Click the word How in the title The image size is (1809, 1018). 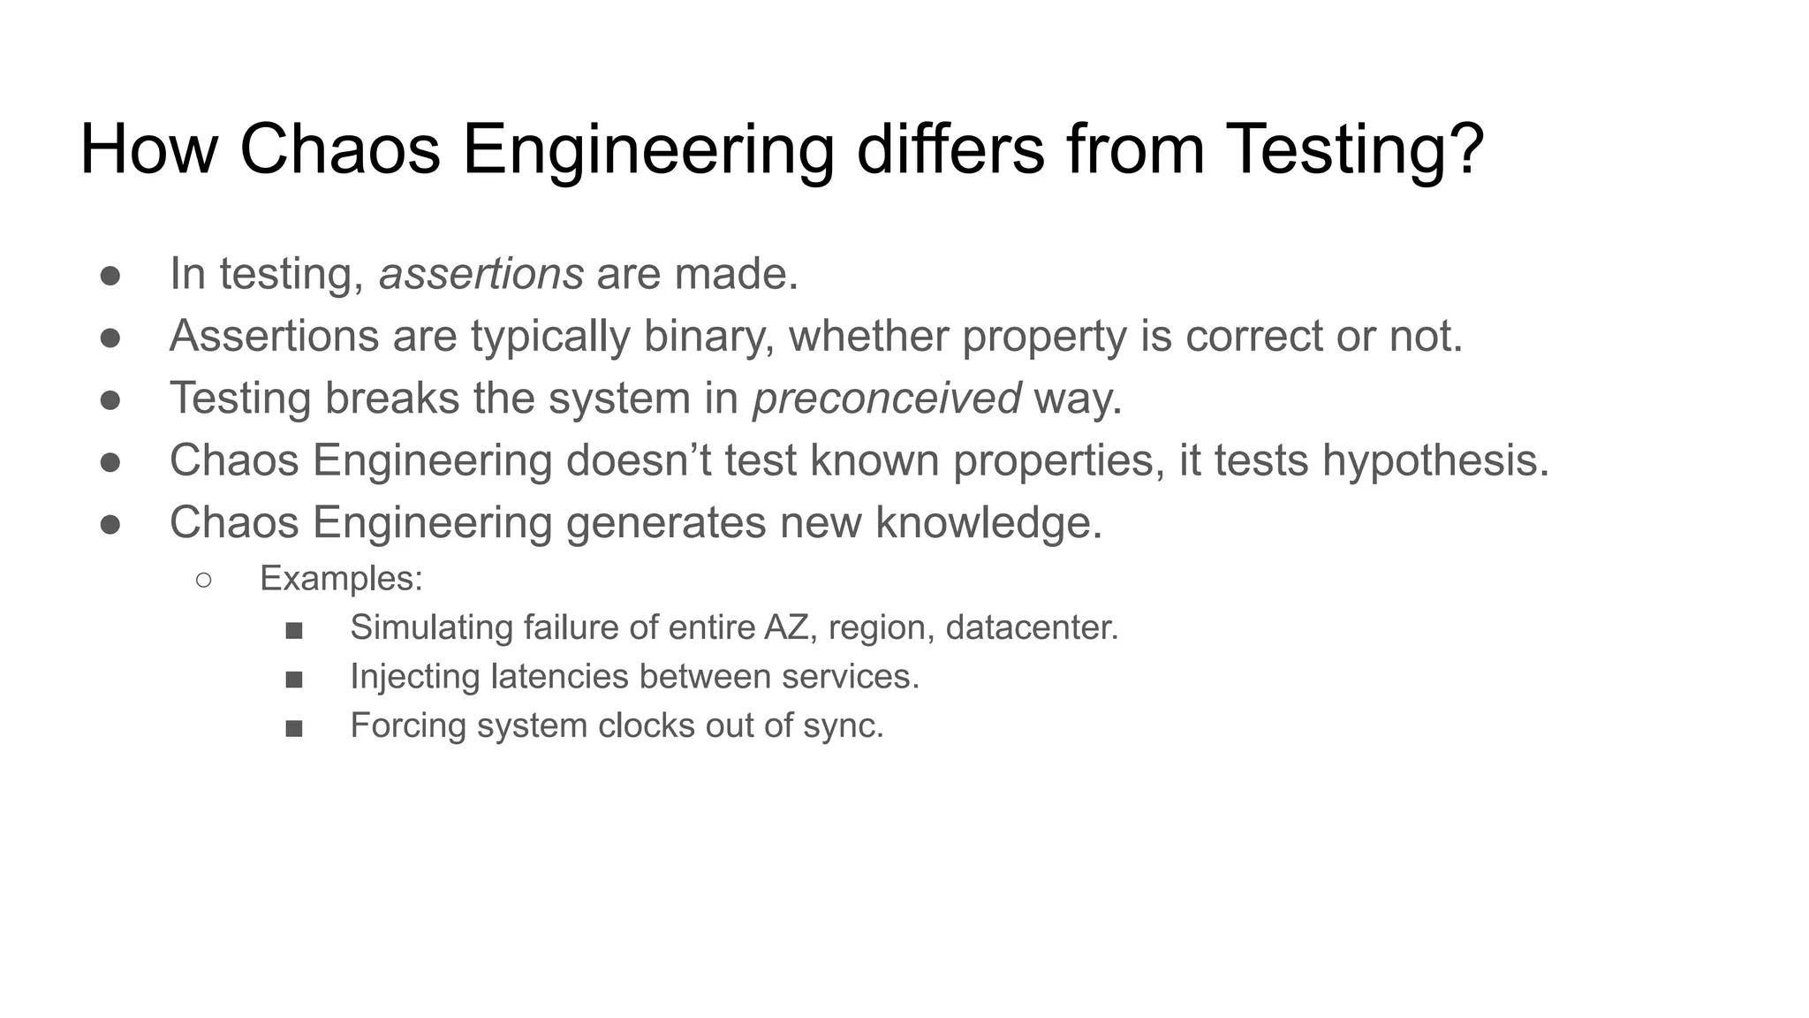pyautogui.click(x=148, y=148)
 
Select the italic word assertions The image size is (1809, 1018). pyautogui.click(x=481, y=274)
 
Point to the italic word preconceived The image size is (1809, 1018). pyautogui.click(x=886, y=399)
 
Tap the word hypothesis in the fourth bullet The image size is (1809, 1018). pyautogui.click(x=1434, y=461)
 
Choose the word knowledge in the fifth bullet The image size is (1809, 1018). pyautogui.click(x=988, y=523)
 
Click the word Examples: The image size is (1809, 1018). pyautogui.click(x=341, y=579)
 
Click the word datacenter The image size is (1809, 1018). pyautogui.click(x=1031, y=627)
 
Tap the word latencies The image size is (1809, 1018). pyautogui.click(x=558, y=677)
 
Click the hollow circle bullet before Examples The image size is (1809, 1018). pyautogui.click(x=204, y=580)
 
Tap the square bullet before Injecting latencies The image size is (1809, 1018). pyautogui.click(x=294, y=680)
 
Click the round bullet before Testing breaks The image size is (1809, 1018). pyautogui.click(x=110, y=400)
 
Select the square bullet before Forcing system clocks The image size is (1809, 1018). pyautogui.click(x=294, y=728)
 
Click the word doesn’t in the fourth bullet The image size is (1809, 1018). pyautogui.click(x=638, y=461)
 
